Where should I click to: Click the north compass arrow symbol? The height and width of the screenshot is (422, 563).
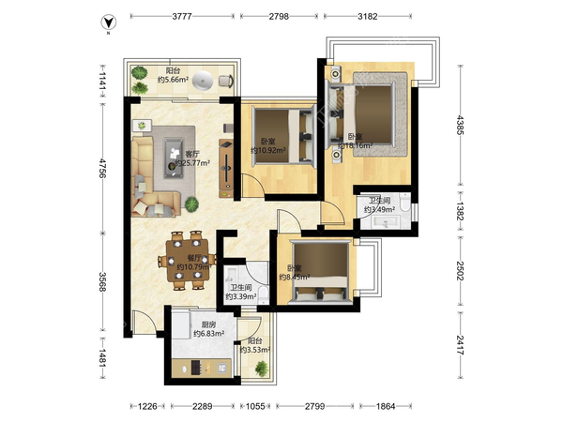coord(108,23)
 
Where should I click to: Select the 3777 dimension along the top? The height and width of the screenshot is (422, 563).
coord(182,16)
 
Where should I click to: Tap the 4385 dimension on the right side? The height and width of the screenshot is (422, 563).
coord(460,125)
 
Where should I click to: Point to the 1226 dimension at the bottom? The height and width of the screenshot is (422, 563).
coord(147,406)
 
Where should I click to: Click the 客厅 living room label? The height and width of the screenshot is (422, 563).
coord(192,154)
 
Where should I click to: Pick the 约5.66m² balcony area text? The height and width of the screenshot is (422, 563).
coord(173,80)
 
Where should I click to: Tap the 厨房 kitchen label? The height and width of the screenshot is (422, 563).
coord(208,324)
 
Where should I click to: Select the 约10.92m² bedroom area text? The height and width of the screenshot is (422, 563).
coord(267,150)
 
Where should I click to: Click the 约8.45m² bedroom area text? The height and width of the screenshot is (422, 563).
coord(295,277)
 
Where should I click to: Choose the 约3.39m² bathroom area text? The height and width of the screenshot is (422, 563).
coord(241,296)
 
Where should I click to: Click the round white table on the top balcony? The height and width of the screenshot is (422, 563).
coord(203,80)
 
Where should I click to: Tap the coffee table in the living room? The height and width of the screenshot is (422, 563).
coord(174,158)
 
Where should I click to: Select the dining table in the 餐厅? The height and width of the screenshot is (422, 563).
coord(187,260)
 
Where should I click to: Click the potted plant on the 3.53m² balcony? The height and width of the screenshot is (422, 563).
coord(261,369)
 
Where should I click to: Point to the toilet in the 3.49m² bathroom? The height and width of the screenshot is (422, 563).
coord(405,202)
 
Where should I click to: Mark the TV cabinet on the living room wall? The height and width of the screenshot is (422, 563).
coord(226,168)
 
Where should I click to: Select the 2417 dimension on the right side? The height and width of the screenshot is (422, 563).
coord(460,345)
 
